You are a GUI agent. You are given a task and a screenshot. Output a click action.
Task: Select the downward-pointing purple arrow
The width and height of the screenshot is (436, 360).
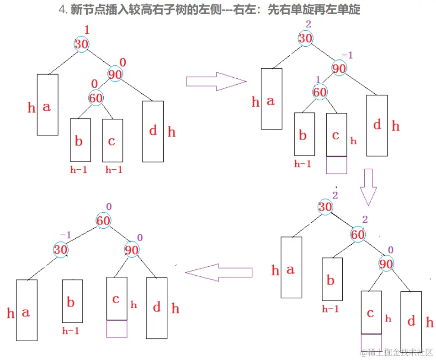click(x=368, y=187)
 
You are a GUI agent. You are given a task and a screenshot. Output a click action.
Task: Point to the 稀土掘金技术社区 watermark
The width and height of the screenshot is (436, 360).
click(x=396, y=352)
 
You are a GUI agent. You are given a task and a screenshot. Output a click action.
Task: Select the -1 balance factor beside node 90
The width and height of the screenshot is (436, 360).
click(x=348, y=55)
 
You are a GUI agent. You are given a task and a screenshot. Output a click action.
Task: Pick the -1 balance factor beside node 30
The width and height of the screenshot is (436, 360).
click(x=65, y=235)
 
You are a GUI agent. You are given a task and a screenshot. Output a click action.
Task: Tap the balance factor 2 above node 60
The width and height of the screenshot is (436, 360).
click(x=365, y=220)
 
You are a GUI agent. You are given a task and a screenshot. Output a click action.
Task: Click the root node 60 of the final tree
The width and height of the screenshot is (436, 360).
click(x=104, y=221)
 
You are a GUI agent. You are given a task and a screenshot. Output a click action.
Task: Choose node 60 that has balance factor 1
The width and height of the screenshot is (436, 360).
click(x=320, y=92)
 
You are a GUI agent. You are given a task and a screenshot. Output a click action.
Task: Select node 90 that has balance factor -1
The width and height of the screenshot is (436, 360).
click(x=339, y=69)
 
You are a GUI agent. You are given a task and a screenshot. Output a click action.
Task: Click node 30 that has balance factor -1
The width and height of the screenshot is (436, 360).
click(x=61, y=250)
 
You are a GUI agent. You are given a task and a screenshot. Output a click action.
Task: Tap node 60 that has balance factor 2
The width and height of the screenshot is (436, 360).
click(x=358, y=235)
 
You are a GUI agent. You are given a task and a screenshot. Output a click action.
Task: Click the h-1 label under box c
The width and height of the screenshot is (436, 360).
click(x=114, y=170)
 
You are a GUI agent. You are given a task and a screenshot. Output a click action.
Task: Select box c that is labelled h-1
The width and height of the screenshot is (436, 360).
click(x=112, y=140)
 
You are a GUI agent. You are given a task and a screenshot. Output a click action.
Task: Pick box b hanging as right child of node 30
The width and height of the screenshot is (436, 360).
click(x=72, y=301)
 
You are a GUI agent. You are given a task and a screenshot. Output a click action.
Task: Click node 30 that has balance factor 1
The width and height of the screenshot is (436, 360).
click(x=81, y=44)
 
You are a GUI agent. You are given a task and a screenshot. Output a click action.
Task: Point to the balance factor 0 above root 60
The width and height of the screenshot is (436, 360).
click(x=108, y=206)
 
